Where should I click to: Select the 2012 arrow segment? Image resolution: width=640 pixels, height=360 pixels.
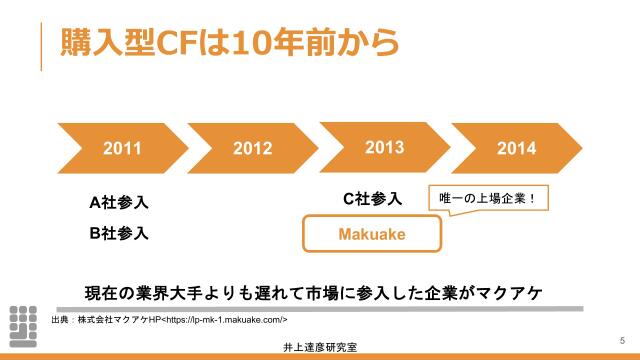click(x=252, y=148)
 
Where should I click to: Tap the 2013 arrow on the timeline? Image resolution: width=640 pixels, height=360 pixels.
click(x=384, y=147)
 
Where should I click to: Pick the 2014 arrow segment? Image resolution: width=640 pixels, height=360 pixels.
click(x=516, y=148)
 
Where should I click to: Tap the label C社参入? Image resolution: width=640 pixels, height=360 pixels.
click(x=371, y=198)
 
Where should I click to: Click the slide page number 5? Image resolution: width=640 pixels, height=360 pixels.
click(x=622, y=337)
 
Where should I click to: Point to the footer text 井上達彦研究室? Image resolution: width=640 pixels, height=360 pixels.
click(x=321, y=347)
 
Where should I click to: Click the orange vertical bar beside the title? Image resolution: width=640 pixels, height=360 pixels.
click(x=41, y=45)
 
